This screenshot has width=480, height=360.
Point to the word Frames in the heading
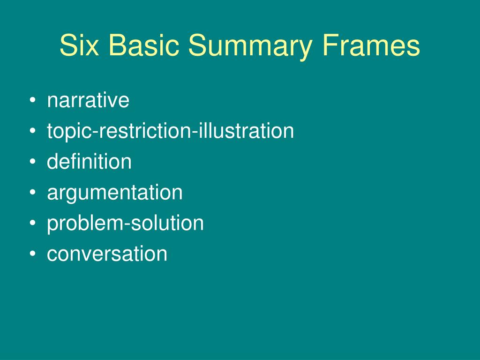pyautogui.click(x=371, y=46)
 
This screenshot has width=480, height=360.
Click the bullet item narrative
pyautogui.click(x=88, y=101)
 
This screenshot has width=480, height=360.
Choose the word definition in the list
pyautogui.click(x=89, y=162)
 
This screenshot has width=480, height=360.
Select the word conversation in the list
pyautogui.click(x=107, y=254)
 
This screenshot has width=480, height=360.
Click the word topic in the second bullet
pyautogui.click(x=69, y=132)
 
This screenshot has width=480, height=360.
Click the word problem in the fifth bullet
pyautogui.click(x=83, y=224)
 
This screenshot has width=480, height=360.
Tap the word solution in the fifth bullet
pyautogui.click(x=167, y=223)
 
